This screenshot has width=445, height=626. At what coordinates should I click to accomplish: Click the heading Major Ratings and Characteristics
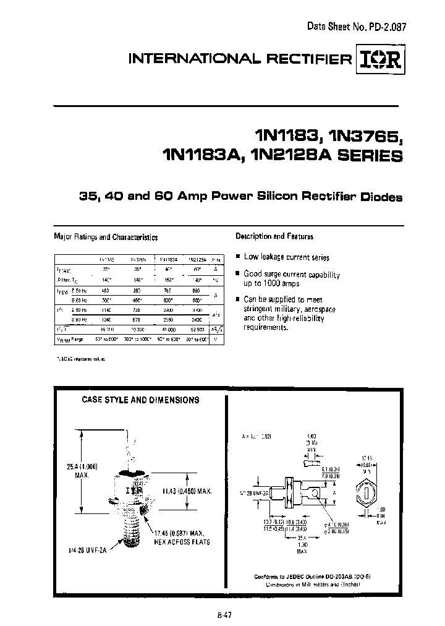[106, 236]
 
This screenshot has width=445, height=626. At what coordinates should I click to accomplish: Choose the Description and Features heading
[274, 236]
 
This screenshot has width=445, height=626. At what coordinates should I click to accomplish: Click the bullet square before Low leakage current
[238, 256]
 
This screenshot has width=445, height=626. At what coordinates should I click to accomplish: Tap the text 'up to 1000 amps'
[272, 283]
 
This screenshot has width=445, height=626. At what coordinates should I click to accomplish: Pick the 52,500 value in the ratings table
[195, 330]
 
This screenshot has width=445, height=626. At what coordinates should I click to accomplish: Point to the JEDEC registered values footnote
[83, 358]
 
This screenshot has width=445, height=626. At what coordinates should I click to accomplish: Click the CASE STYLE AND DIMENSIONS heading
[140, 400]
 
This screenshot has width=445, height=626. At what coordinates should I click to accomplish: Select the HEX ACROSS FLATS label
[182, 542]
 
